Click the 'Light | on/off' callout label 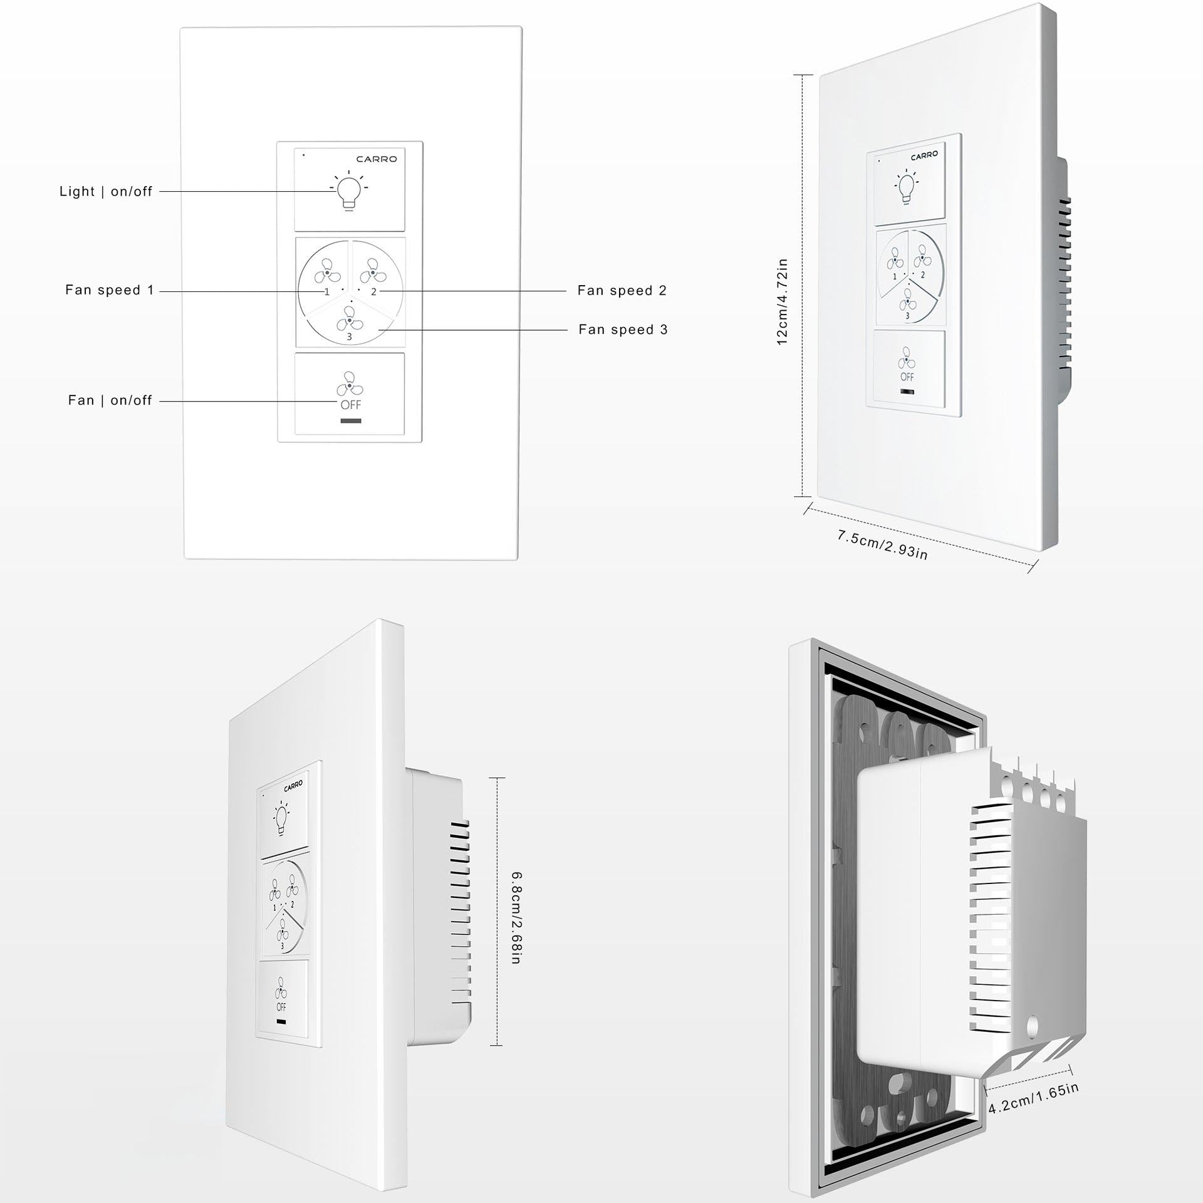tap(106, 192)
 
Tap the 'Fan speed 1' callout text tap(110, 290)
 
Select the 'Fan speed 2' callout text tap(622, 290)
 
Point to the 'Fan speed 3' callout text tap(623, 330)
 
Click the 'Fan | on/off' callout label tap(110, 400)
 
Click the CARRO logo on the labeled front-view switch tap(377, 159)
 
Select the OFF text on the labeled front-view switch tap(350, 405)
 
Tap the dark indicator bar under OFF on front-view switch tap(350, 420)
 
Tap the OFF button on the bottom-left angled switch tap(281, 999)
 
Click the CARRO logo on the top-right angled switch tap(924, 155)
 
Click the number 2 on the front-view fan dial tap(373, 292)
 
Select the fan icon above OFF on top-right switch tap(906, 360)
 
